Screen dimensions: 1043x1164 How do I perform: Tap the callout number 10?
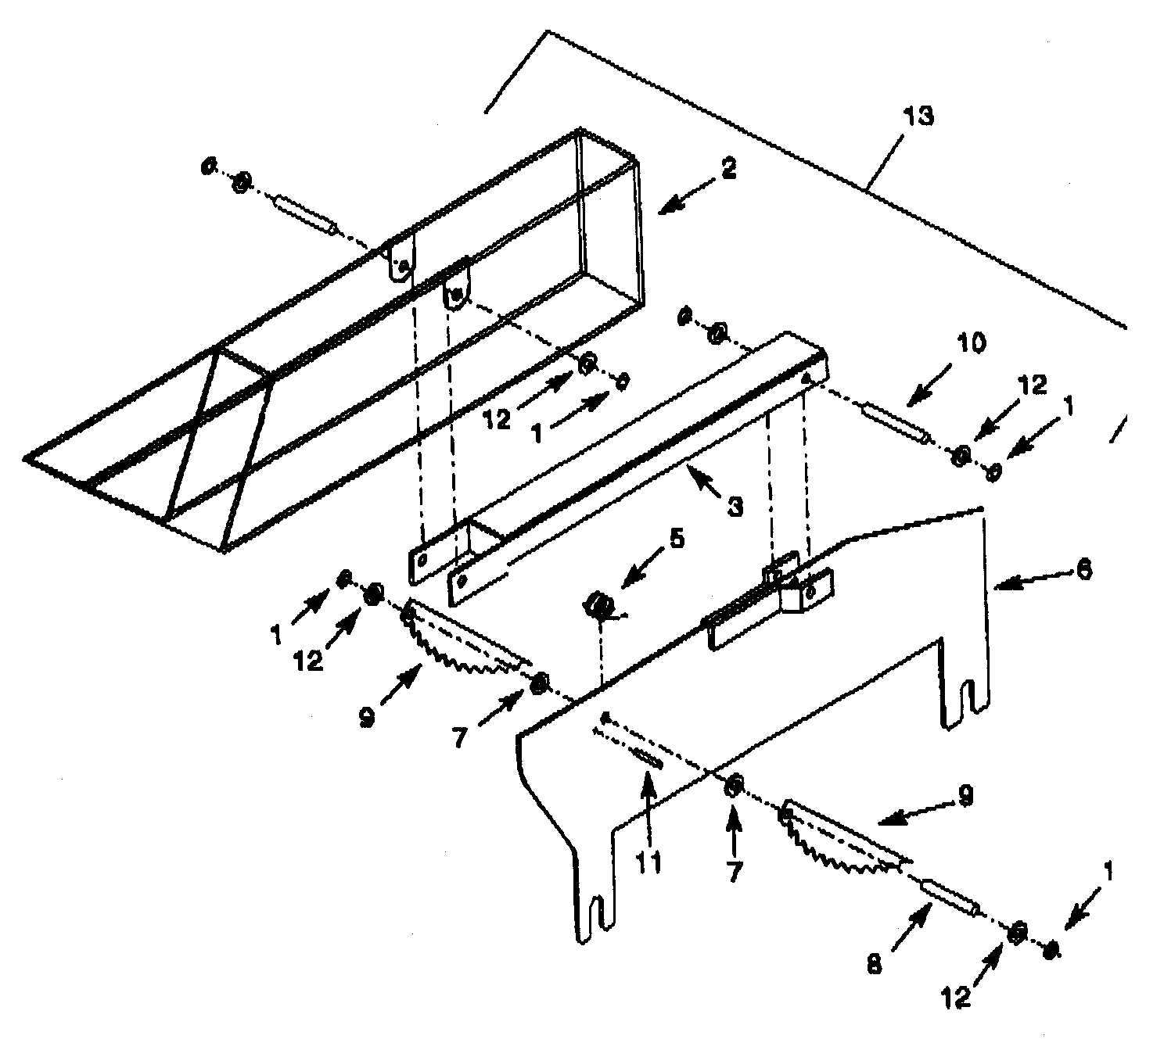[x=970, y=343]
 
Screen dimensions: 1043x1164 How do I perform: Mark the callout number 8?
[x=875, y=964]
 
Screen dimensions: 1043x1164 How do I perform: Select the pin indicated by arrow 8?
[x=949, y=898]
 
